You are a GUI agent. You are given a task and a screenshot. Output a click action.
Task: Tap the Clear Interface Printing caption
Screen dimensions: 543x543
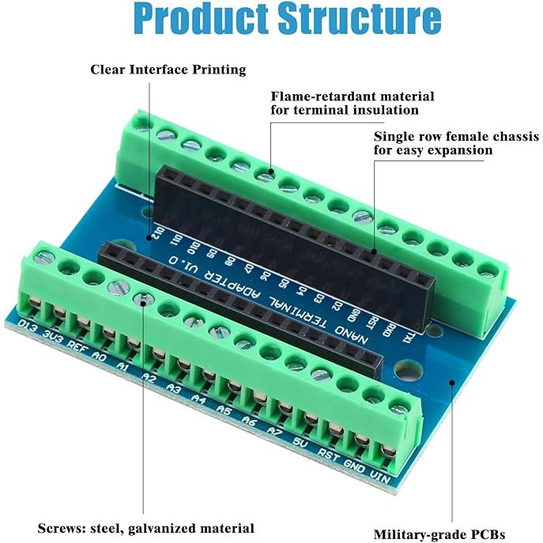[168, 70]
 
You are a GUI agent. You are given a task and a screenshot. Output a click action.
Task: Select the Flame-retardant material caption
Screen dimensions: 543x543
[353, 96]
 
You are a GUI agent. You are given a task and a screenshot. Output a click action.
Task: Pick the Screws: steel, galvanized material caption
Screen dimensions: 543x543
[146, 527]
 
